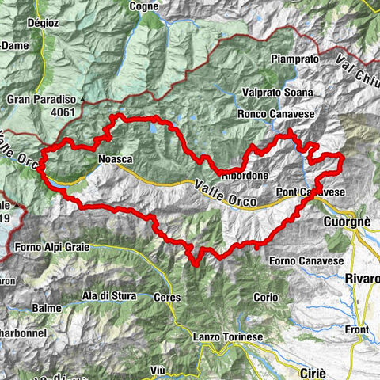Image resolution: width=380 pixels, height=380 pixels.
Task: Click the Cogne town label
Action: pos(144,6)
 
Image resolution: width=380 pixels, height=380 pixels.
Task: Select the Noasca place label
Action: pos(114,159)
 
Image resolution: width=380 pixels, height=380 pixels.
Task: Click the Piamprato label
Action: pos(272,59)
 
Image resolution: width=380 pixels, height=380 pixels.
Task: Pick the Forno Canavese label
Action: pos(305,260)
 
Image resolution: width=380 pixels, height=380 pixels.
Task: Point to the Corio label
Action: pos(266,298)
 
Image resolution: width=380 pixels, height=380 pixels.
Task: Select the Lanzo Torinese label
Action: pos(228,337)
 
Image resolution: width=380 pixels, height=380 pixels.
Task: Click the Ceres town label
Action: pos(168,298)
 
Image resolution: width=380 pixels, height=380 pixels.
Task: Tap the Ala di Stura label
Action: pos(109,296)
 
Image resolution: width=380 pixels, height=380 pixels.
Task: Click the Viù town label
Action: pos(157,370)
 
